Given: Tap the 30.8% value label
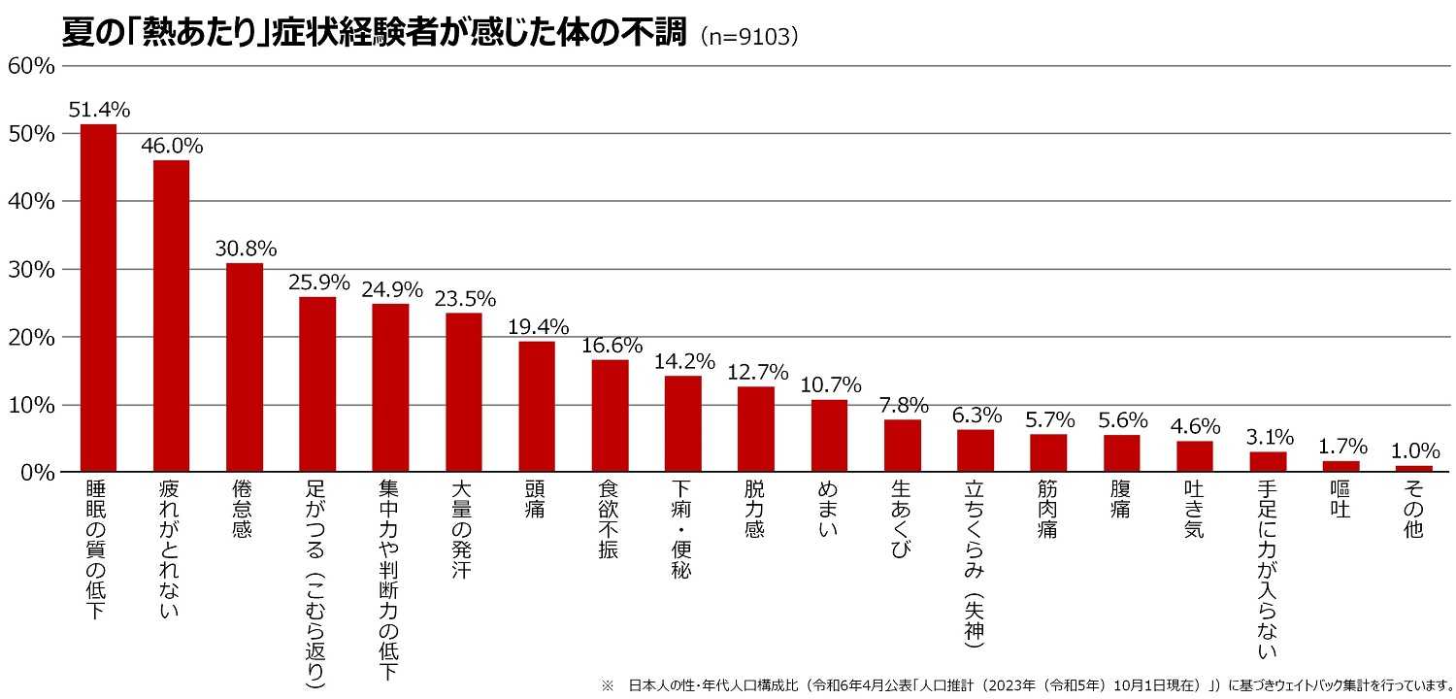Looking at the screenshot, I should click(246, 248).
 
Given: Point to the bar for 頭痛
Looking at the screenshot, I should click(537, 407).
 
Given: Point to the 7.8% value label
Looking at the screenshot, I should click(903, 405).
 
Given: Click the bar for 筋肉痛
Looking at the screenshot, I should click(1048, 453).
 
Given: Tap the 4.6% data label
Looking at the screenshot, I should click(1195, 425).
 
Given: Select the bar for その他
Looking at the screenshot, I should click(1414, 469).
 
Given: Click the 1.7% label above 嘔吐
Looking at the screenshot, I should click(1341, 447).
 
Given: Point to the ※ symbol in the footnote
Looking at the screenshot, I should click(608, 685).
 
